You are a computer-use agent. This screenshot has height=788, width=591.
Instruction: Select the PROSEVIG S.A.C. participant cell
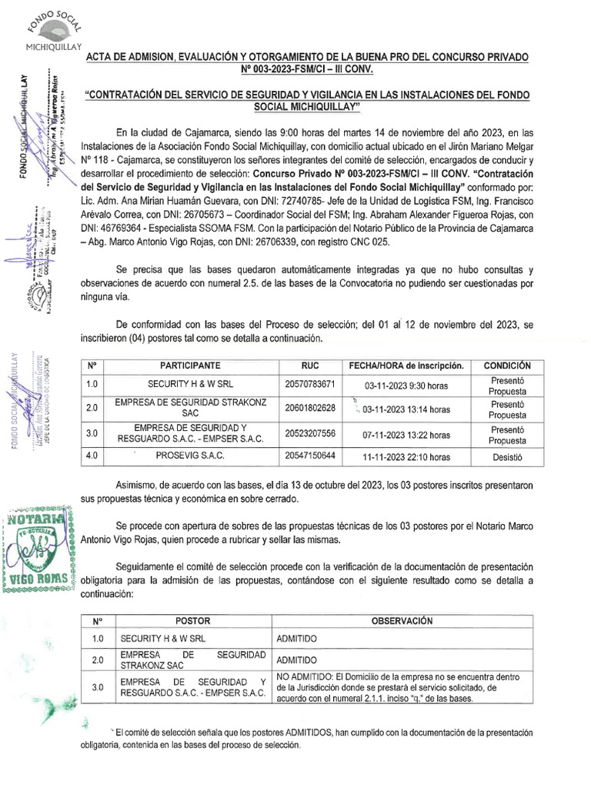pos(190,456)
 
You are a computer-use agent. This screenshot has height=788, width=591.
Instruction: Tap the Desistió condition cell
pos(506,456)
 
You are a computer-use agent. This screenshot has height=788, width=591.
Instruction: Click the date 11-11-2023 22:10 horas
pos(406,456)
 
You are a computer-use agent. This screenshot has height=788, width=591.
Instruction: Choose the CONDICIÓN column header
pos(506,366)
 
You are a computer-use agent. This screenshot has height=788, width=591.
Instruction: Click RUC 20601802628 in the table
pos(309,407)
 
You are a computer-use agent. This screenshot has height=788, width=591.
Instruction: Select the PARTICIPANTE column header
pos(190,366)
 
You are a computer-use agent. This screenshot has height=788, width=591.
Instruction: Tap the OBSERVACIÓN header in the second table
pos(401,621)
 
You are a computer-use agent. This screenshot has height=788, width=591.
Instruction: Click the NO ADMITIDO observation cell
pos(401,687)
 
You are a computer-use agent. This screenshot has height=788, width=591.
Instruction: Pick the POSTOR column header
pos(192,621)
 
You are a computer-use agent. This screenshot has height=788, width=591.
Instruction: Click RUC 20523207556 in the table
pos(309,434)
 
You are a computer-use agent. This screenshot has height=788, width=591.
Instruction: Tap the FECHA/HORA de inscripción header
pos(406,366)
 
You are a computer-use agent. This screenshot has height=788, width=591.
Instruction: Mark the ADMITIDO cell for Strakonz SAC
pos(296,660)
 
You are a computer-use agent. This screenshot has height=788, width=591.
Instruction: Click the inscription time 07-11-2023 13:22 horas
pos(406,435)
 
